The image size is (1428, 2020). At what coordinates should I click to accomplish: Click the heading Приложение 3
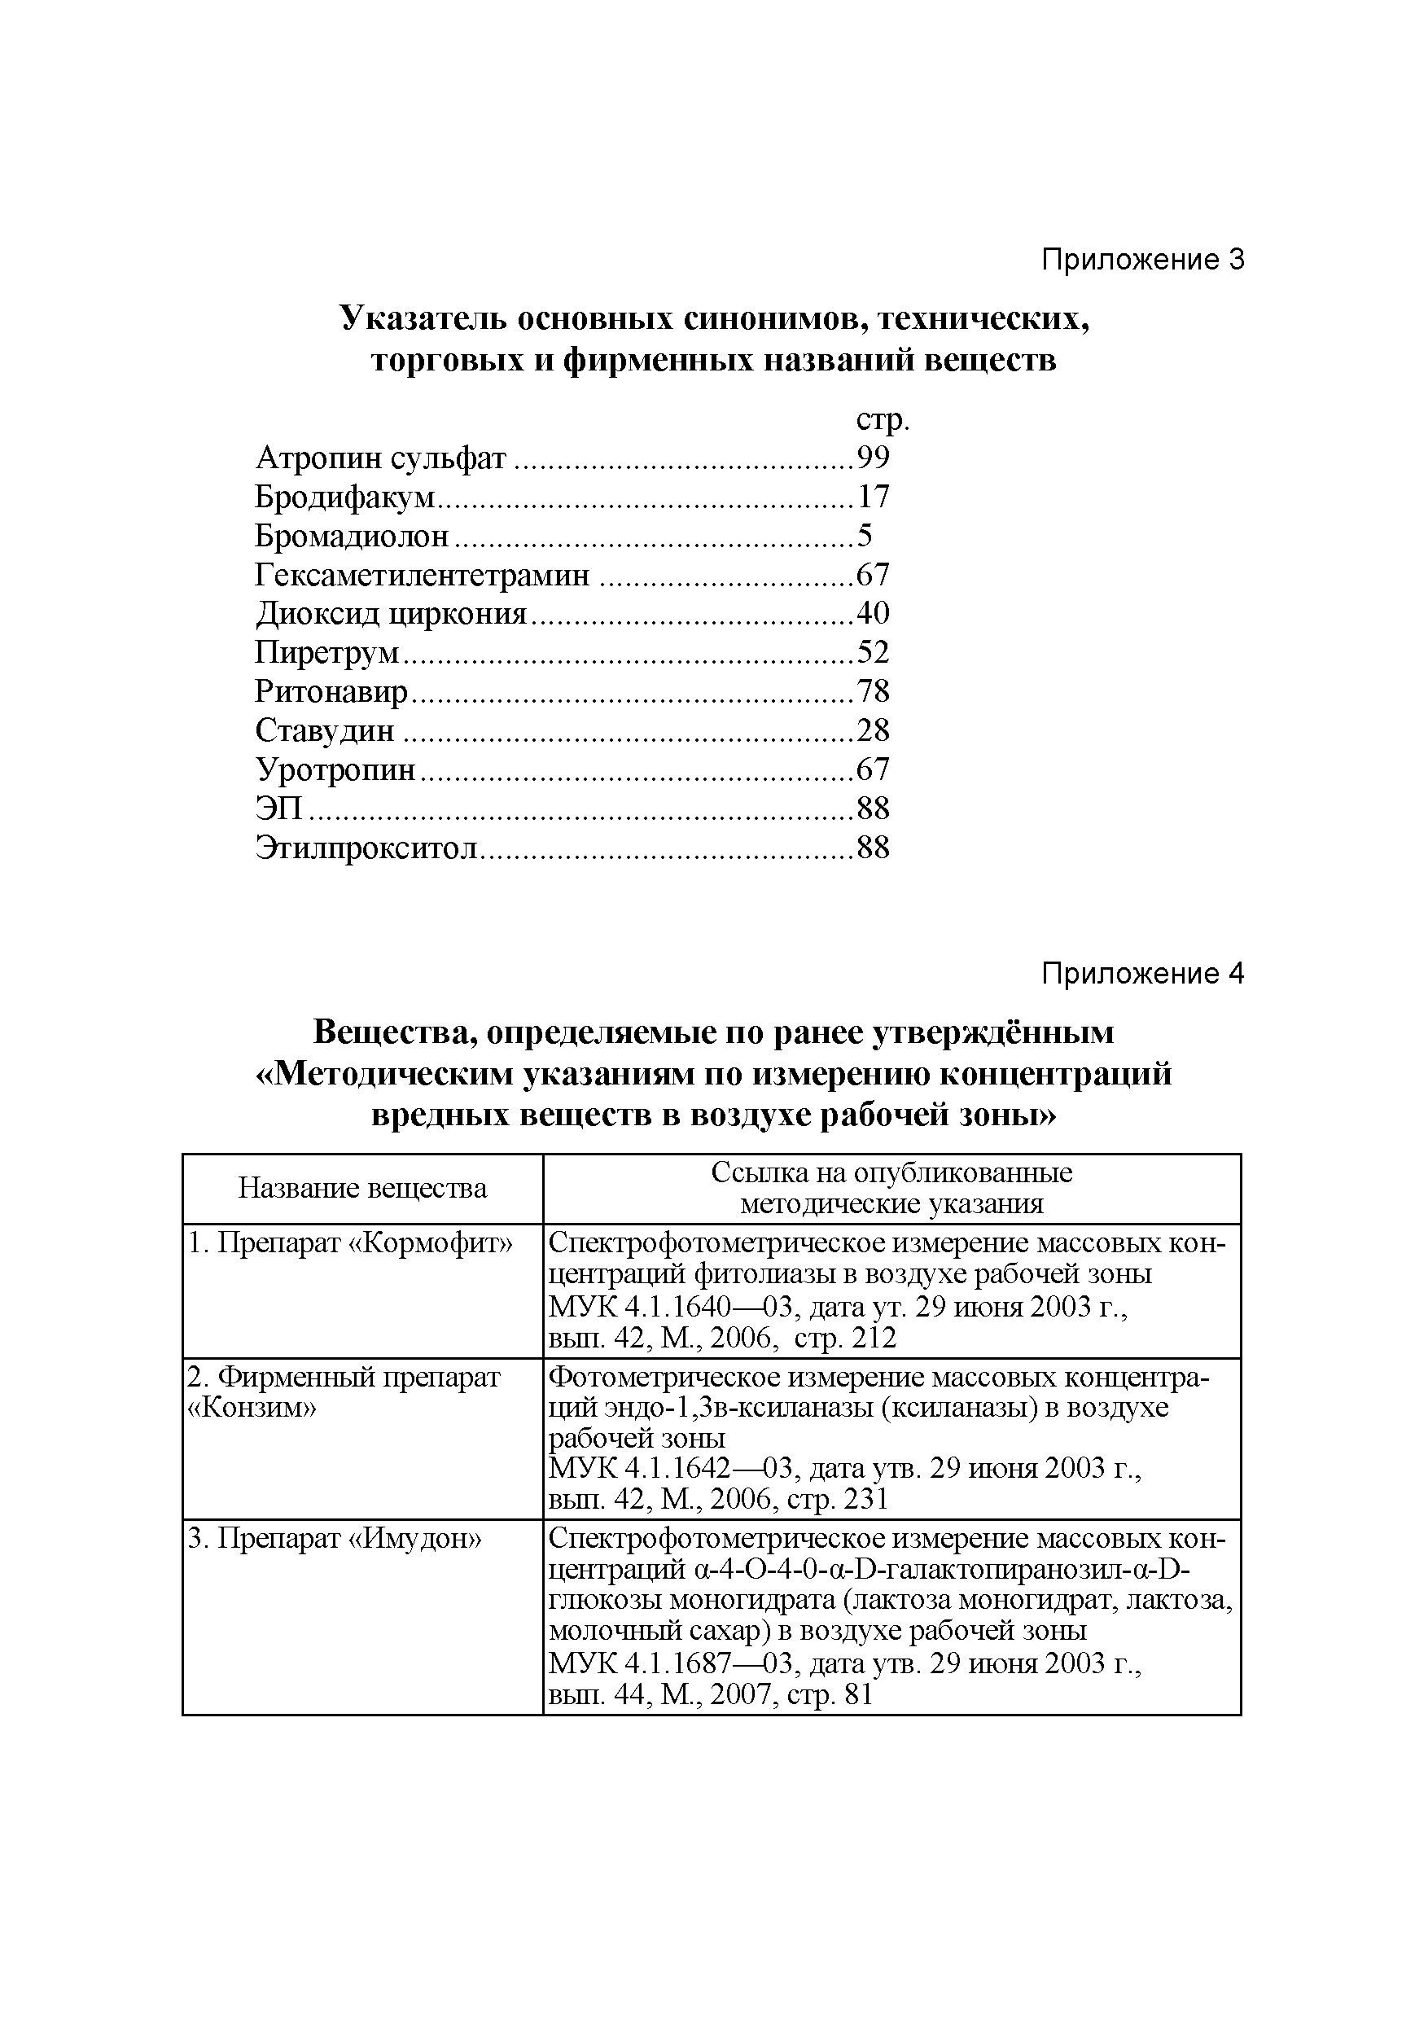coord(1142,260)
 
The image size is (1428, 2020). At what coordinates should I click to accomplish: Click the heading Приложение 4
coord(1142,973)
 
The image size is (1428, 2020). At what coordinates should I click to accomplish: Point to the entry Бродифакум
coord(345,497)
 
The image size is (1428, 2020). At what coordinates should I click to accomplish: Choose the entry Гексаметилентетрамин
coord(423,575)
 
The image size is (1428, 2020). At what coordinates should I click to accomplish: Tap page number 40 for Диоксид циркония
coord(873,612)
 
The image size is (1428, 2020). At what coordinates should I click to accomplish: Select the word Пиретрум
coord(326,652)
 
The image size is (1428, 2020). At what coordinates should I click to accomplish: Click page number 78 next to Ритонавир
coord(873,691)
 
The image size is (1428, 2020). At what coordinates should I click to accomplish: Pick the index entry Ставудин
coord(325,730)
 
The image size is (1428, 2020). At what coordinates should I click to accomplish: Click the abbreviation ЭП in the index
coord(278,808)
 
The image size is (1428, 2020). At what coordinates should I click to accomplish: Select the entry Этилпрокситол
coord(366,848)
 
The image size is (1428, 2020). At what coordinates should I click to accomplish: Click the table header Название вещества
coord(361,1189)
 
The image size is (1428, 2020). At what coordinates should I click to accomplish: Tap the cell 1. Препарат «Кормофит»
coord(350,1242)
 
